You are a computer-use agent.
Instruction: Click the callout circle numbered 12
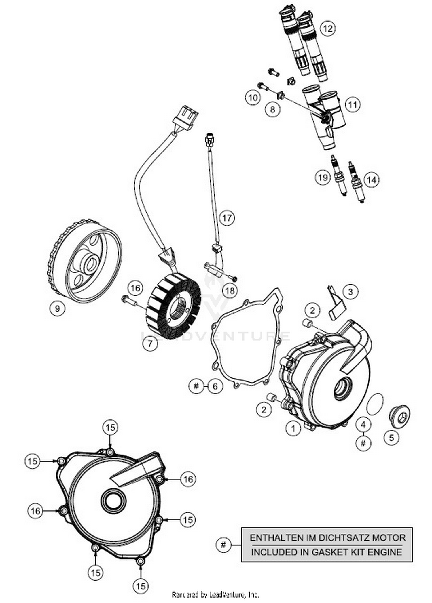pyautogui.click(x=328, y=28)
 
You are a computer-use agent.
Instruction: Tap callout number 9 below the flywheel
pyautogui.click(x=57, y=309)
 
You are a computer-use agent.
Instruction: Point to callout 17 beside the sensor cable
pyautogui.click(x=227, y=218)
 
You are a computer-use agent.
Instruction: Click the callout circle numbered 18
pyautogui.click(x=230, y=291)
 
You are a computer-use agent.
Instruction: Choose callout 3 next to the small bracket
pyautogui.click(x=350, y=292)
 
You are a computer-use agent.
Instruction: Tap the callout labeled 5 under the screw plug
pyautogui.click(x=391, y=438)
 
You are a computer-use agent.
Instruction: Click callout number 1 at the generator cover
pyautogui.click(x=293, y=429)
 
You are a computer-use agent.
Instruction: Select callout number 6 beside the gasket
pyautogui.click(x=215, y=386)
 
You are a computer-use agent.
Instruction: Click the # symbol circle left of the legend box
pyautogui.click(x=223, y=545)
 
